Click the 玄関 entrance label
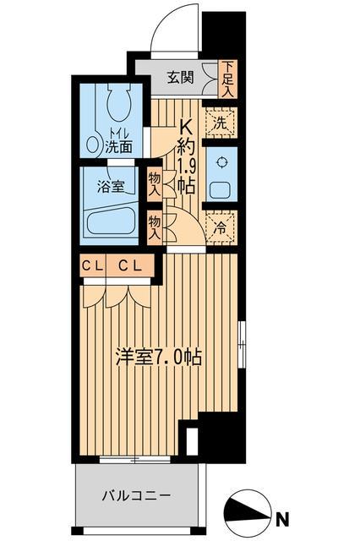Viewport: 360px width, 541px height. coord(179,78)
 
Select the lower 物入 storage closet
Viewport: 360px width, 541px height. coord(155,227)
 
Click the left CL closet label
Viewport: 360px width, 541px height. coord(92,267)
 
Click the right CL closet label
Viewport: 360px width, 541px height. coord(129,267)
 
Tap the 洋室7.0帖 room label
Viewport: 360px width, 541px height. coord(158,358)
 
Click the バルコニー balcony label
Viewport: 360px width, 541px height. coord(138,495)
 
